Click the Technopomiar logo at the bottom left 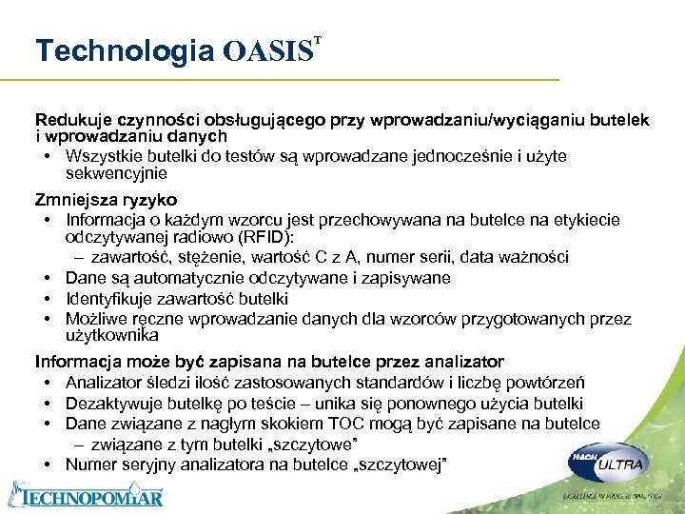click(x=85, y=495)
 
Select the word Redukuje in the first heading click(x=73, y=120)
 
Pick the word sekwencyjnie click(x=116, y=173)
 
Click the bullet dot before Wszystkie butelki click(x=47, y=156)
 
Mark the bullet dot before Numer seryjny click(x=47, y=465)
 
